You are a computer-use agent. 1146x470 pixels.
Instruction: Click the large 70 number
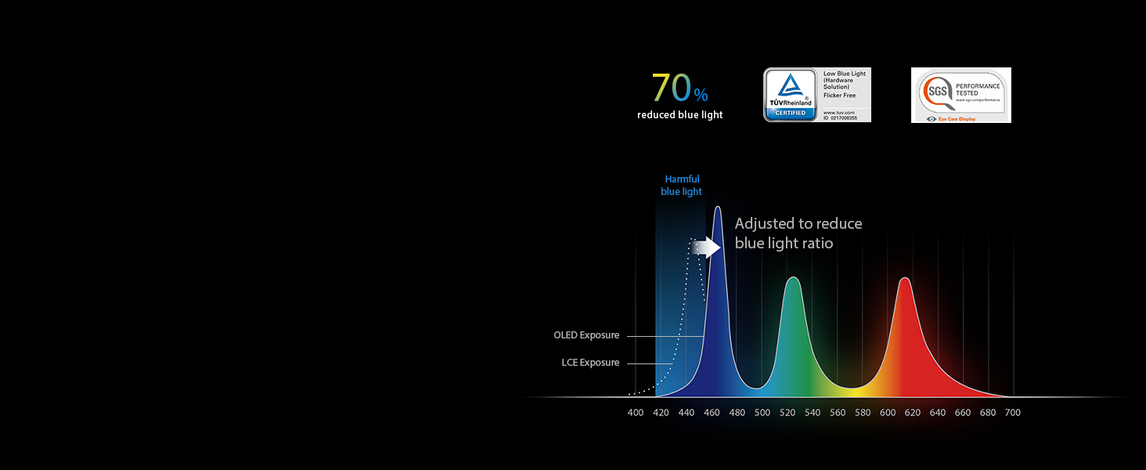[x=672, y=88]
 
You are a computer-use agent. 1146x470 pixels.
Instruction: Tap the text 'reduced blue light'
[x=679, y=115]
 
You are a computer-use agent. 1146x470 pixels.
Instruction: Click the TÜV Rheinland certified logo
[x=790, y=95]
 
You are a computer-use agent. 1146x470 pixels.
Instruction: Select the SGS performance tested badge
[x=960, y=95]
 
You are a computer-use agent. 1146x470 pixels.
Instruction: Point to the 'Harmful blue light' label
[x=682, y=186]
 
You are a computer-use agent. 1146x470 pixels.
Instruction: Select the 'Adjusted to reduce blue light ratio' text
[x=798, y=233]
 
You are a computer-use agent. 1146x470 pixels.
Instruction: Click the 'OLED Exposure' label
[x=586, y=335]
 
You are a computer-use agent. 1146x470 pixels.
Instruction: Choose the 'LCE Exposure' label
[x=590, y=363]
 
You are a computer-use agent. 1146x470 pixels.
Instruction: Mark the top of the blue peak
[x=717, y=208]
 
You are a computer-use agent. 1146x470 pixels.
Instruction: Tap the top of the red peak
[x=905, y=279]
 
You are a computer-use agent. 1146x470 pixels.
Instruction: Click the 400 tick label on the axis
[x=636, y=413]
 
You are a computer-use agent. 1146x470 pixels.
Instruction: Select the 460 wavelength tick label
[x=712, y=413]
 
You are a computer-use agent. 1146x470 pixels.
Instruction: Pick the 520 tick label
[x=787, y=413]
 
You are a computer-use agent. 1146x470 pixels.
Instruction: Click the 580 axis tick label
[x=863, y=413]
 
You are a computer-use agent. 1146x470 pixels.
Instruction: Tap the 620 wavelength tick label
[x=913, y=413]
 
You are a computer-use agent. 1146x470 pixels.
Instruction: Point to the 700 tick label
[x=1013, y=413]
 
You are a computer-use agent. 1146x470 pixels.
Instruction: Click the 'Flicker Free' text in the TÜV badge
[x=839, y=96]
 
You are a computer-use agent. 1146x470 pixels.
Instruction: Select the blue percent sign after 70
[x=701, y=96]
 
